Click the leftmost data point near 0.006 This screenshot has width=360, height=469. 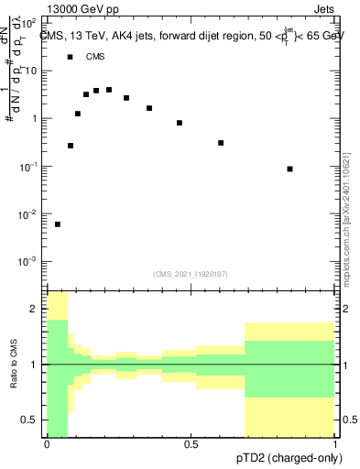58,224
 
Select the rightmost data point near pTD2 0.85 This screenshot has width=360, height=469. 289,169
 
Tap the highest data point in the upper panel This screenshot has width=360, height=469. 109,90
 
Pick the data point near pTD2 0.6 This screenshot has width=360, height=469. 221,143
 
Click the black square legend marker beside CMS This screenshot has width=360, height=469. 71,57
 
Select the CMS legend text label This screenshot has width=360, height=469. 95,57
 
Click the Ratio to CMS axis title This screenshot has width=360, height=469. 14,364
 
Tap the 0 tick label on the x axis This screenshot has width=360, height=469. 47,445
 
